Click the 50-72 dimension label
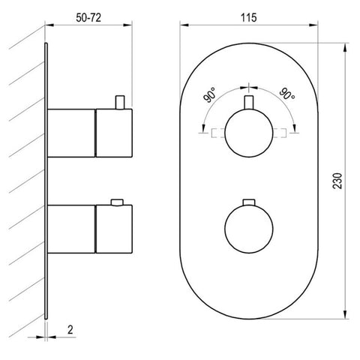pos(88,18)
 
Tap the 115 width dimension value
pos(248,18)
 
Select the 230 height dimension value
pos(337,181)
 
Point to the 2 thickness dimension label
pos(70,330)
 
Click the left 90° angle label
pos(210,95)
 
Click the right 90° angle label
pos(287,94)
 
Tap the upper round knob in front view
pos(249,133)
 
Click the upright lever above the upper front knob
pos(249,103)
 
